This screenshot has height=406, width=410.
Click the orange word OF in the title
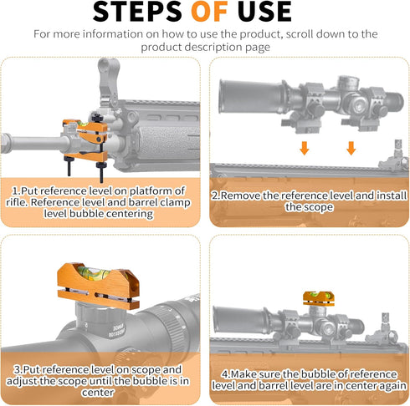pyautogui.click(x=209, y=12)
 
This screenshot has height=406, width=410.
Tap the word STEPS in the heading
pyautogui.click(x=137, y=12)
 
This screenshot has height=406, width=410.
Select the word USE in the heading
pyautogui.click(x=264, y=12)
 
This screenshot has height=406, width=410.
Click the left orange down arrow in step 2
pyautogui.click(x=305, y=148)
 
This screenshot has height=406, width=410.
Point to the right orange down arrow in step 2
pyautogui.click(x=351, y=148)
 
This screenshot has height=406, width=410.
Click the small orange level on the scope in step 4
pyautogui.click(x=319, y=298)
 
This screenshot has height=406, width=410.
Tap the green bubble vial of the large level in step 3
pyautogui.click(x=92, y=272)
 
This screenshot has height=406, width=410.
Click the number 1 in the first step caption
pyautogui.click(x=14, y=191)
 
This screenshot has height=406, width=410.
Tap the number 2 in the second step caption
pyautogui.click(x=215, y=195)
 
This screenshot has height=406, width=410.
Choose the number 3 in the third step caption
pyautogui.click(x=18, y=370)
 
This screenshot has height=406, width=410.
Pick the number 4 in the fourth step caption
pyautogui.click(x=225, y=374)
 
